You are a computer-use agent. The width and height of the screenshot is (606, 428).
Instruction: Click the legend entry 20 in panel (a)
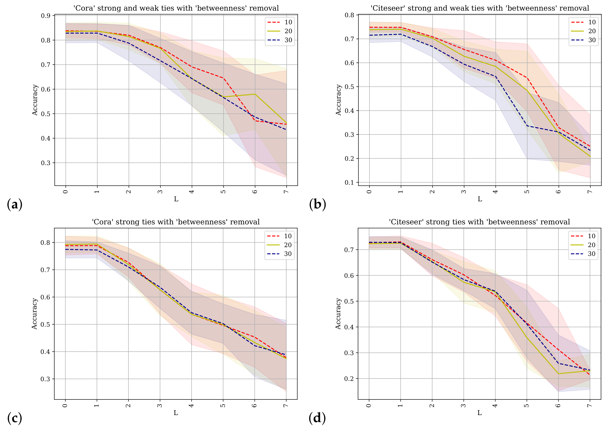[288, 31]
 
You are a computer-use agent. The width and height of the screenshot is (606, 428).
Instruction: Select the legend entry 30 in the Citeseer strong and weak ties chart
[592, 40]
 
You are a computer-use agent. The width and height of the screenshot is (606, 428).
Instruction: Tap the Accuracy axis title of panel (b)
[338, 100]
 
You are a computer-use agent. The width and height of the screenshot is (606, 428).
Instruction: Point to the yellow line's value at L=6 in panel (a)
[255, 94]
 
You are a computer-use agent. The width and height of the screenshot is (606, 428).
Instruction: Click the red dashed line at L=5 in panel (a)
[224, 78]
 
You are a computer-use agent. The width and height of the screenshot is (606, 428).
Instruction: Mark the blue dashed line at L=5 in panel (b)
[527, 126]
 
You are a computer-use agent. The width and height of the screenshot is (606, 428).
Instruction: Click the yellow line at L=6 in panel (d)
[559, 374]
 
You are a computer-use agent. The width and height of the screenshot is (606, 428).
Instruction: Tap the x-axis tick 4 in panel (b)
[495, 191]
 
